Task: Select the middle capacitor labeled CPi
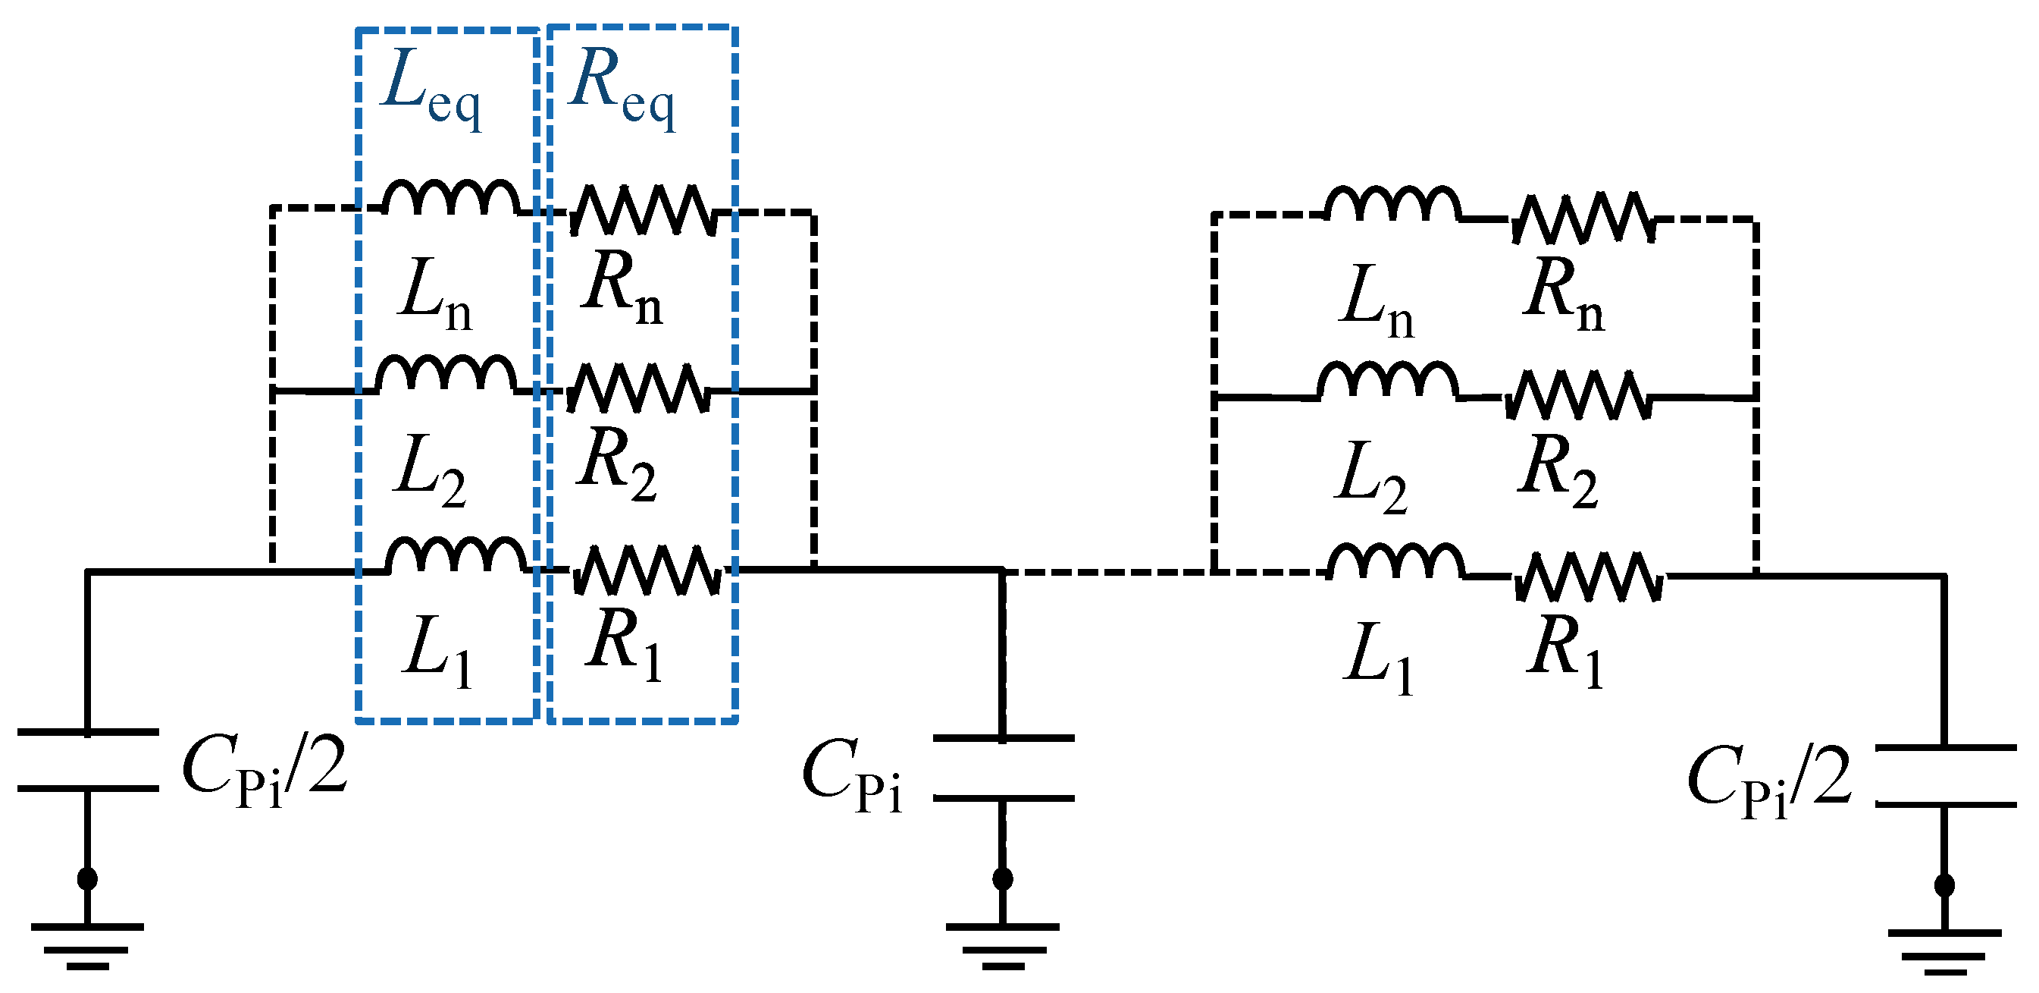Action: pos(1003,768)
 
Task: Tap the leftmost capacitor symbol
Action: pos(87,759)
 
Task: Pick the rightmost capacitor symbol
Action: pos(1945,775)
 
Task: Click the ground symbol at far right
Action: pos(1945,951)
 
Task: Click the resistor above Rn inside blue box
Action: pos(643,210)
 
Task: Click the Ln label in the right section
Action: pos(1376,301)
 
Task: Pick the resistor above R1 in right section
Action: pos(1587,577)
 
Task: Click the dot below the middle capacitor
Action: pos(1003,879)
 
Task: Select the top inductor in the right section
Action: pos(1392,203)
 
